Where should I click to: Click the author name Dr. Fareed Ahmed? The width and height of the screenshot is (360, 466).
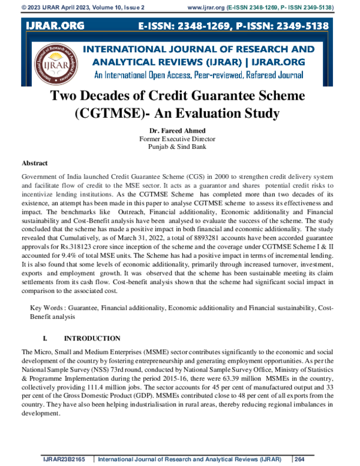pos(180,130)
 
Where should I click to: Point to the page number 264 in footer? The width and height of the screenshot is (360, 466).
pos(301,459)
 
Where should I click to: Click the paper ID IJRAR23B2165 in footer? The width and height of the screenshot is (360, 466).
pos(62,459)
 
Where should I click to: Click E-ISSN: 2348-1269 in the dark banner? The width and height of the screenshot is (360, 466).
pos(187,26)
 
